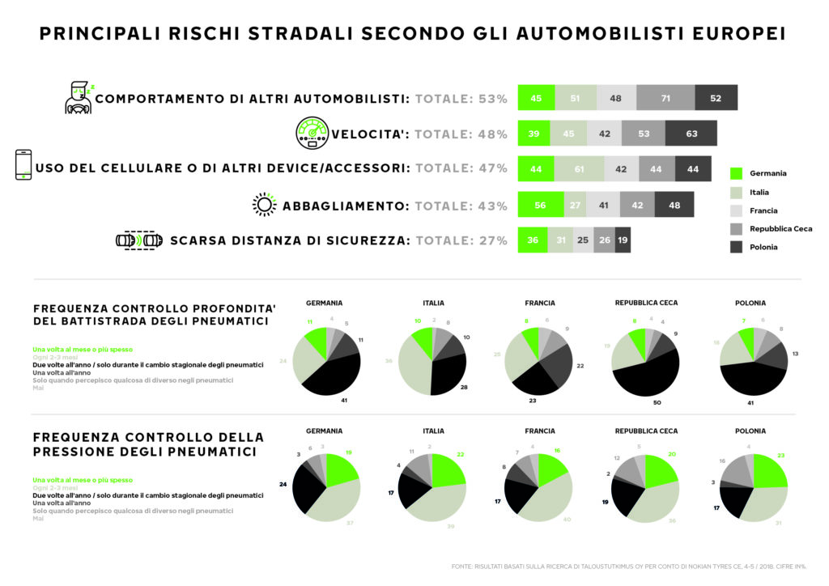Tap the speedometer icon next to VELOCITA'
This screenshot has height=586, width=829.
(312, 133)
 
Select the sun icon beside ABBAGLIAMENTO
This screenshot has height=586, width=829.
(264, 205)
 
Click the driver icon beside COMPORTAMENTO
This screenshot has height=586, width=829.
(79, 97)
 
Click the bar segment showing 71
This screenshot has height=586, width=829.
(665, 98)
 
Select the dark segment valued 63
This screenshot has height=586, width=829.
(691, 134)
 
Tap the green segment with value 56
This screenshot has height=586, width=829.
(540, 206)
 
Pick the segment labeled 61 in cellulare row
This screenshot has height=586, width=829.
(579, 168)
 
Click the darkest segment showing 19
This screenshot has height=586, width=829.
(623, 240)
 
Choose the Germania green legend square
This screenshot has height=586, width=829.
(736, 173)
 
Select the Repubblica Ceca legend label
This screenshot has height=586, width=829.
(780, 228)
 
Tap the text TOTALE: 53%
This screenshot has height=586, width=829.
(461, 99)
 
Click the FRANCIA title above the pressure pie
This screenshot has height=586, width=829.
(539, 431)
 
